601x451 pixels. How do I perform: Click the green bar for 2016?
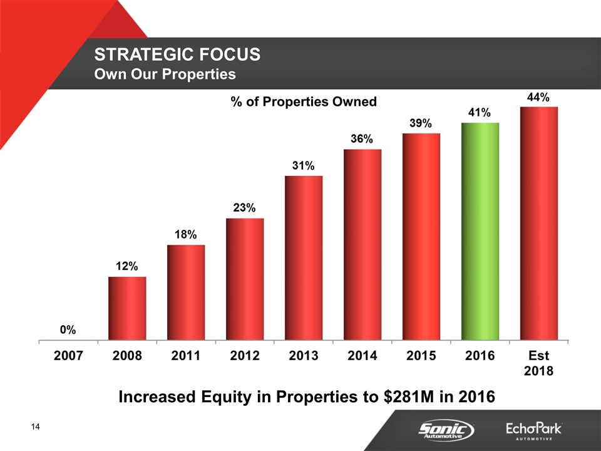click(480, 231)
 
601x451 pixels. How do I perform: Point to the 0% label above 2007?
click(68, 329)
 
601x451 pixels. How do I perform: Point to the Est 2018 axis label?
click(538, 363)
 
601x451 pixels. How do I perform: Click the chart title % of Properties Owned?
click(304, 101)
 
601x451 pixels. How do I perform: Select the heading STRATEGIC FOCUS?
click(177, 54)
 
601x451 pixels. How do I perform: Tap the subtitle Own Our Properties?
click(165, 74)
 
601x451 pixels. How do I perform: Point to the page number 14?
click(35, 427)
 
